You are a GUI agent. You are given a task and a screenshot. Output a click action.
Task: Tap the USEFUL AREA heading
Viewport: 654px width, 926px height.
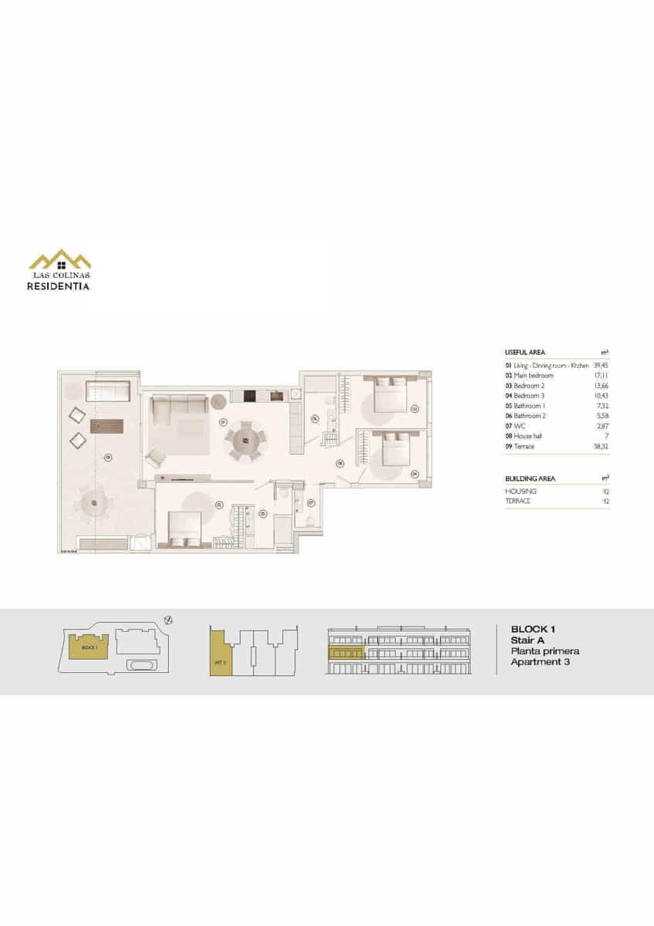pyautogui.click(x=524, y=352)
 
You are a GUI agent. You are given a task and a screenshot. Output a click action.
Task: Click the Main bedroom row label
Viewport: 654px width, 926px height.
pyautogui.click(x=533, y=375)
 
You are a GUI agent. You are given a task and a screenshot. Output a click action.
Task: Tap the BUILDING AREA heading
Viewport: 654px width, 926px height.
pyautogui.click(x=530, y=478)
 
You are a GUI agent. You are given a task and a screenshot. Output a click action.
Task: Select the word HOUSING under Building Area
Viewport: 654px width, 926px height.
pyautogui.click(x=521, y=492)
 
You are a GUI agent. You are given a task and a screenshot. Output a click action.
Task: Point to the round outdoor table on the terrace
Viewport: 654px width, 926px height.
pyautogui.click(x=94, y=504)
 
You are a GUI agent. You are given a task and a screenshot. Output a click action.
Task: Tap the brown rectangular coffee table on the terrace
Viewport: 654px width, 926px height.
pyautogui.click(x=106, y=425)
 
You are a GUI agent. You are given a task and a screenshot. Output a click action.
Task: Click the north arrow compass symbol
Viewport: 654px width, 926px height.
pyautogui.click(x=169, y=619)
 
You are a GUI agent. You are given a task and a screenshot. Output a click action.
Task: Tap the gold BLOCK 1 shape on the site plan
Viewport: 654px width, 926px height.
pyautogui.click(x=89, y=647)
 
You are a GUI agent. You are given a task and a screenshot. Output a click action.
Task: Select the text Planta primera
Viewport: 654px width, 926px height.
pyautogui.click(x=544, y=651)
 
